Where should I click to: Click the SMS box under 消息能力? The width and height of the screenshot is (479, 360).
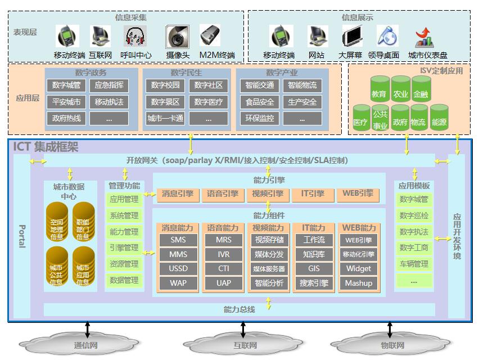[x=178, y=240]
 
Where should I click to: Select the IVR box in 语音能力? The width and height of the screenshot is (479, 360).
[x=224, y=254]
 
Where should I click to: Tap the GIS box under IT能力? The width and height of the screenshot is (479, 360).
[x=314, y=269]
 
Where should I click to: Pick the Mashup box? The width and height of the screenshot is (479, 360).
[x=359, y=283]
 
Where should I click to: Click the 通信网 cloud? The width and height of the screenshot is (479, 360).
[x=85, y=344]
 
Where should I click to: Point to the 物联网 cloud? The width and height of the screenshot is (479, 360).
[x=391, y=344]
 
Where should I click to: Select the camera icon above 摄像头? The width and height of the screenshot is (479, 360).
[x=177, y=37]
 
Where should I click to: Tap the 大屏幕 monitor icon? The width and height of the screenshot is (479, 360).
[x=353, y=37]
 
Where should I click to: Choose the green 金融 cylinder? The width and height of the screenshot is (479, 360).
[x=421, y=90]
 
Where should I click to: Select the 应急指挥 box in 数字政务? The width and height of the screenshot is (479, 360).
[x=109, y=85]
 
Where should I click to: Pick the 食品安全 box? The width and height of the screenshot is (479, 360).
[x=260, y=102]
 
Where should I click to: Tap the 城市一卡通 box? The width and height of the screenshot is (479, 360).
[x=165, y=118]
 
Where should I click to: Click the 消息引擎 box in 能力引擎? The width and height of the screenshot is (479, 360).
[x=178, y=194]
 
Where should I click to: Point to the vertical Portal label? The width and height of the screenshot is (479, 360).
[x=22, y=236]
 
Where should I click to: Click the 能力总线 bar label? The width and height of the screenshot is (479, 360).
[x=239, y=309]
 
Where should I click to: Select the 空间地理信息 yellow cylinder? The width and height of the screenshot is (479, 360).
[x=57, y=222]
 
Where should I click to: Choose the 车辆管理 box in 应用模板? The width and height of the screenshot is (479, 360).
[x=414, y=264]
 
